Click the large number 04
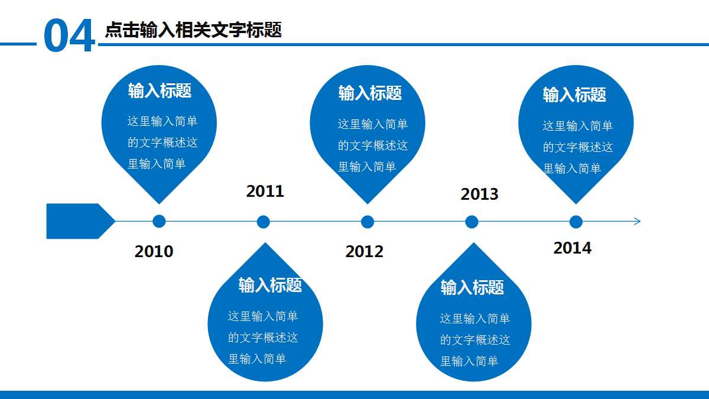[x=69, y=37]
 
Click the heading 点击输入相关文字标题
[x=193, y=30]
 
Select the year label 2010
[x=154, y=251]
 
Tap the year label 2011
[x=265, y=191]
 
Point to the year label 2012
[x=364, y=251]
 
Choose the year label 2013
[x=479, y=194]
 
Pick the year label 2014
[x=572, y=248]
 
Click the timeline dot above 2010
[x=159, y=222]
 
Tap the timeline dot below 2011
[x=264, y=222]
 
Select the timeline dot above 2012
[x=367, y=222]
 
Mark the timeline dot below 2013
[x=471, y=222]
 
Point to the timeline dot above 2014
[x=576, y=222]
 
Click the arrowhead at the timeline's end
[x=638, y=222]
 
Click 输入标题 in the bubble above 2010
[x=160, y=90]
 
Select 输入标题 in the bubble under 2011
[x=270, y=285]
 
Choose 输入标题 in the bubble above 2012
[x=370, y=93]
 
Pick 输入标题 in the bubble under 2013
[x=472, y=287]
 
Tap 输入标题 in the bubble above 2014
[x=574, y=95]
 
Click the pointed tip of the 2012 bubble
[x=367, y=202]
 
